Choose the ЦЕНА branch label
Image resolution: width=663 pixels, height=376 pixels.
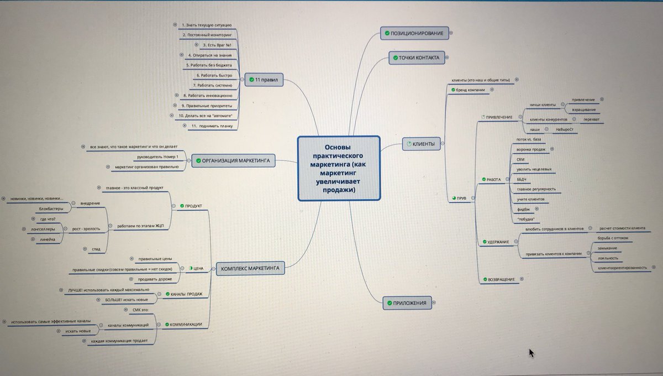(x=196, y=268)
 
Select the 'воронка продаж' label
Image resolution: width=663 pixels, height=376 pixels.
(x=530, y=149)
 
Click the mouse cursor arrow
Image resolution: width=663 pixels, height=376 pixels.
(x=532, y=353)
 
